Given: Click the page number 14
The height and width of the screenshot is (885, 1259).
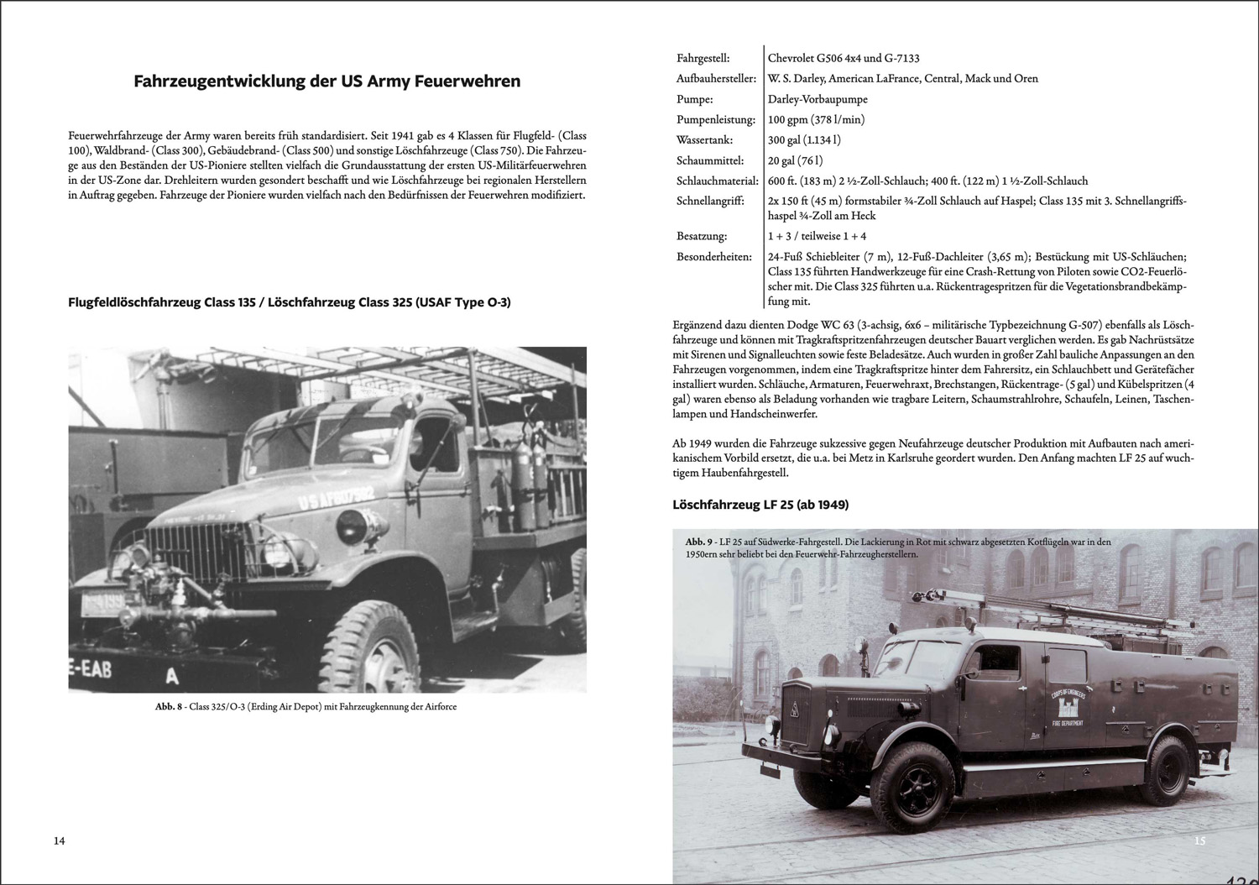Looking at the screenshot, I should pyautogui.click(x=59, y=840).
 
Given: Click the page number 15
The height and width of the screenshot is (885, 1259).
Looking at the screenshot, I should pyautogui.click(x=1199, y=840).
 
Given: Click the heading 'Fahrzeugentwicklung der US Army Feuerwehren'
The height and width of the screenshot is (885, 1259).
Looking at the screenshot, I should pyautogui.click(x=327, y=81).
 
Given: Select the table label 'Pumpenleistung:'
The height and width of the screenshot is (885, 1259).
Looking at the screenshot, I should pyautogui.click(x=716, y=119).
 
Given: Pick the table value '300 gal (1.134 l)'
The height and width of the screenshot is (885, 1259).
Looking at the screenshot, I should pyautogui.click(x=804, y=140).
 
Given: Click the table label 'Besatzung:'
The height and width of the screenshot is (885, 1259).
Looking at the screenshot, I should pyautogui.click(x=702, y=236).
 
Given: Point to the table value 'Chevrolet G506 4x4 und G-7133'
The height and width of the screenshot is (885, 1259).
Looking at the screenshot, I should pyautogui.click(x=844, y=58).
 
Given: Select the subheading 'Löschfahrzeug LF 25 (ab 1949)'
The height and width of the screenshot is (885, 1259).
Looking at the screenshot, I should pyautogui.click(x=760, y=505).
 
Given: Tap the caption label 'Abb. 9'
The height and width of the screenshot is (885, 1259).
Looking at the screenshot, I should pyautogui.click(x=698, y=542).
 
